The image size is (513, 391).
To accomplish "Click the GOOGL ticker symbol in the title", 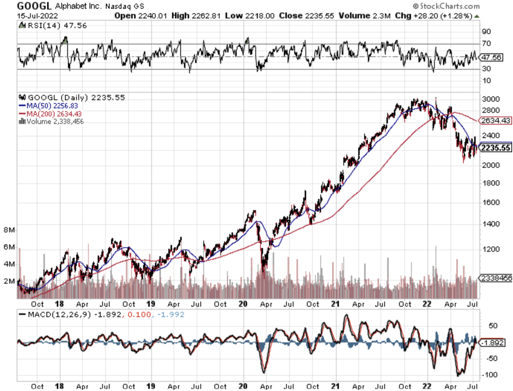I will [x=34, y=6].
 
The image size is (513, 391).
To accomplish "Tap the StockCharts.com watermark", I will [x=446, y=6].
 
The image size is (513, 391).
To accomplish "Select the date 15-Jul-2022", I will [x=37, y=16].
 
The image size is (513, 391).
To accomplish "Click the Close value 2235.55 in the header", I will [x=319, y=16].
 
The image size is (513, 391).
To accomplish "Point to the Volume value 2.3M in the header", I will [x=382, y=16].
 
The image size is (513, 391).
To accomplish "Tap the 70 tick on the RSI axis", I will [x=486, y=43].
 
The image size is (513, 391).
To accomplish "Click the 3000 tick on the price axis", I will [x=491, y=99].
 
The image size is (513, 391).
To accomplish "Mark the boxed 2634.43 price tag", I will [x=496, y=121].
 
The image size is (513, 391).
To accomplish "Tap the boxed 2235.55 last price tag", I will [x=496, y=148].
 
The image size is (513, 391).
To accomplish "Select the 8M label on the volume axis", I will [x=9, y=230].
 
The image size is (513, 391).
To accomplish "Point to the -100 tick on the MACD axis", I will [x=489, y=375].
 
